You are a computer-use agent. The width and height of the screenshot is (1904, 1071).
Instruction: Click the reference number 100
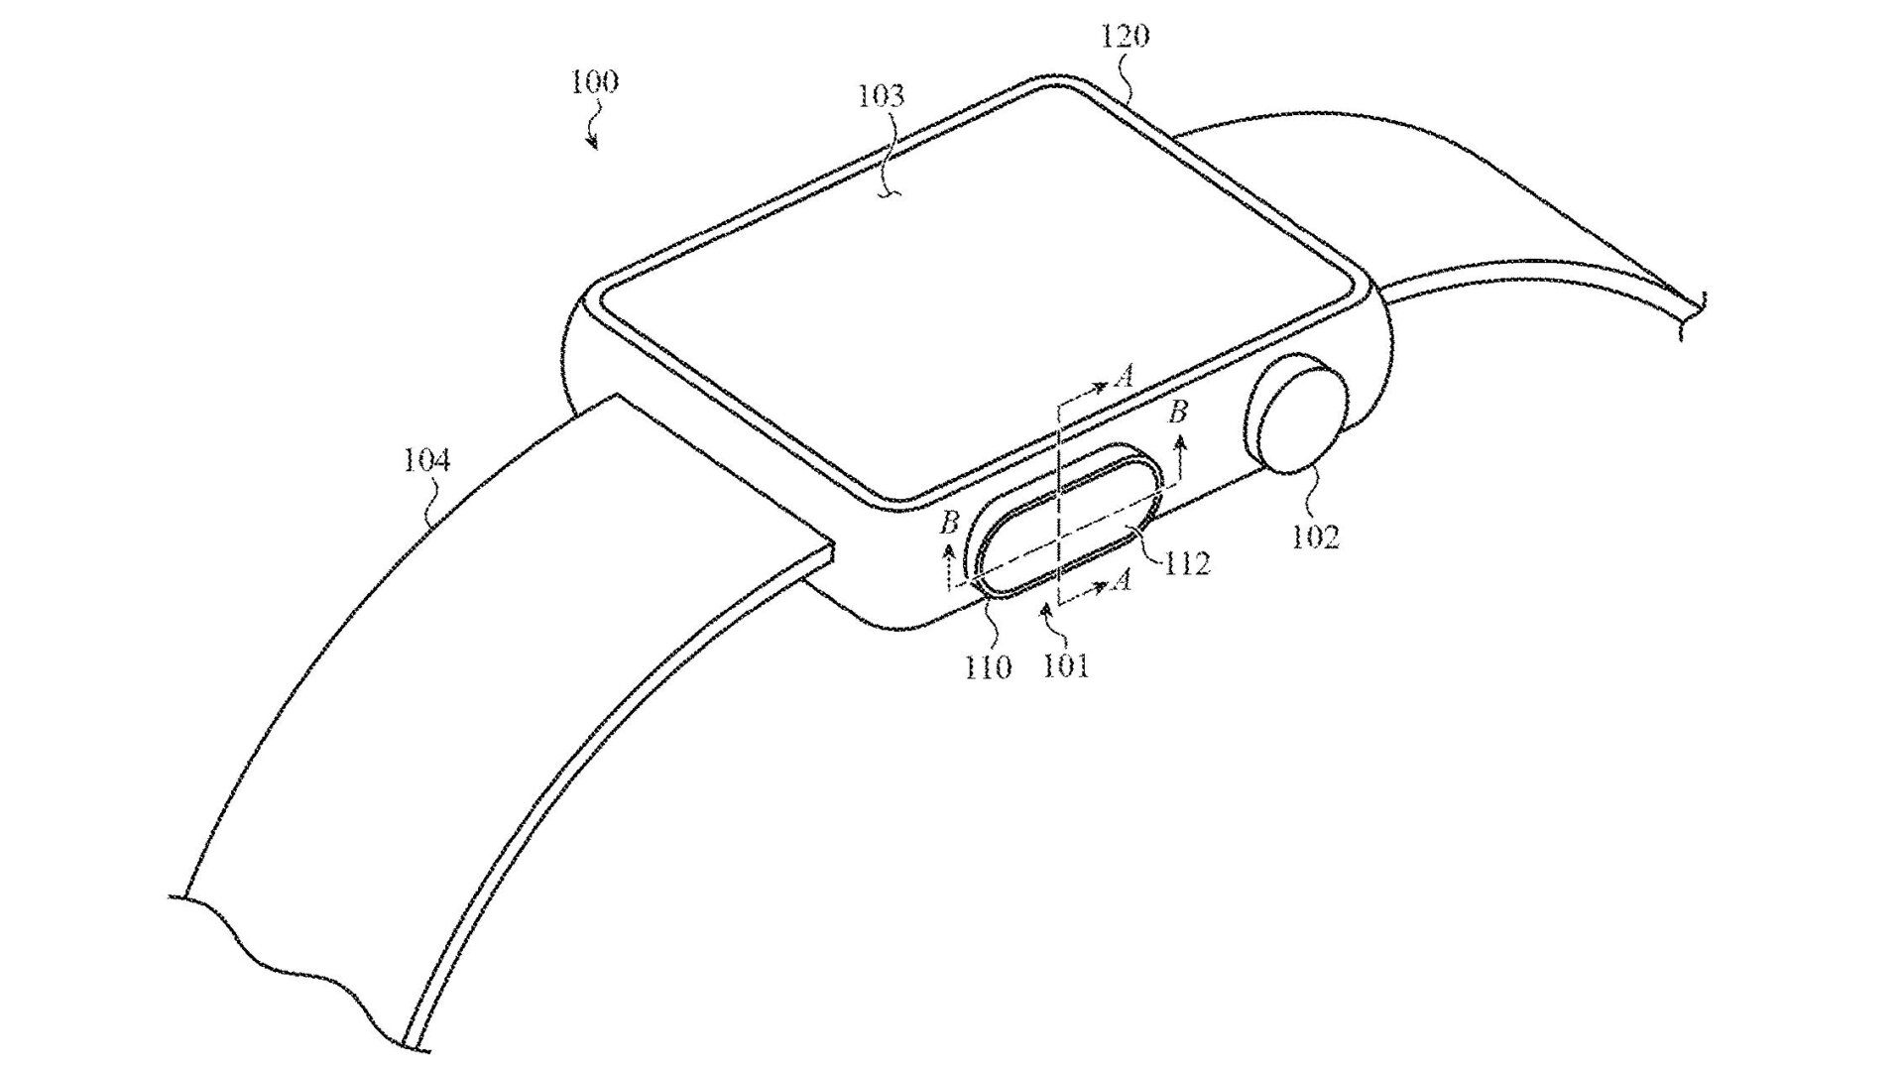594,81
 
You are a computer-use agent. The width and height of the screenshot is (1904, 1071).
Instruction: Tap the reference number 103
882,96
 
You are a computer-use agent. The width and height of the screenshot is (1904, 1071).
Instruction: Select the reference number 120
1126,37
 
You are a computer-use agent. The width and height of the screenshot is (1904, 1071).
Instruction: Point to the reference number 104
427,460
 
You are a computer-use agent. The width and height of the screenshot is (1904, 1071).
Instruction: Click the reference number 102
1315,536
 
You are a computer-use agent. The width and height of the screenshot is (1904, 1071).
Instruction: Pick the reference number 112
1188,563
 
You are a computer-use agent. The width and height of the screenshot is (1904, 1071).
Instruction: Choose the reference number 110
989,666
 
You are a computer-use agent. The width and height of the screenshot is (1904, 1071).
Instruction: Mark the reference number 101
1066,666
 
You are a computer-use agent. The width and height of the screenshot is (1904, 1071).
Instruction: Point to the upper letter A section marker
1124,375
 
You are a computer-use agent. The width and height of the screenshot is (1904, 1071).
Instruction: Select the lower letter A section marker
1122,579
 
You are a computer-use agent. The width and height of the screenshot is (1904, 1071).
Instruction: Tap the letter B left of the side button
949,523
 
